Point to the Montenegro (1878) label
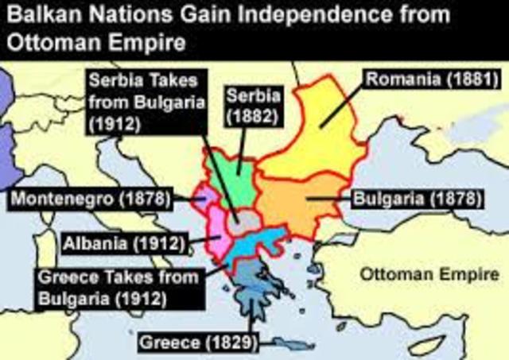(x=89, y=198)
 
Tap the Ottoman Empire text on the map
(x=429, y=274)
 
